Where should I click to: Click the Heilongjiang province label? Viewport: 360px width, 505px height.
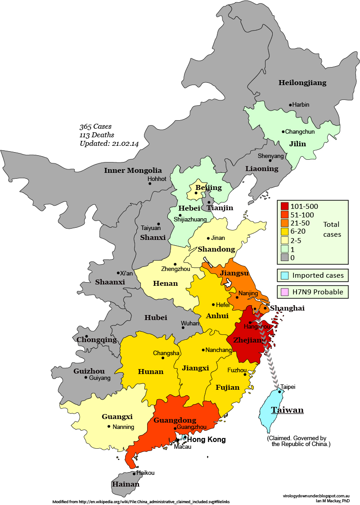pos(302,82)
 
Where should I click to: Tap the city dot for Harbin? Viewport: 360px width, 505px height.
pos(291,105)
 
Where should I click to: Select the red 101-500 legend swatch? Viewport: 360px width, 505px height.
pos(284,206)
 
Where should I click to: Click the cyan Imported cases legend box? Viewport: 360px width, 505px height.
pos(284,275)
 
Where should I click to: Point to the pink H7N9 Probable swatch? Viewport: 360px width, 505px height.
pos(284,292)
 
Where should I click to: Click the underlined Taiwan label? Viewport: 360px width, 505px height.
pos(287,410)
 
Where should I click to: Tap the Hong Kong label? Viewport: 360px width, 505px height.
pos(206,440)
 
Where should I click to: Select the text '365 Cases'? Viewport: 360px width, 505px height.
pos(95,126)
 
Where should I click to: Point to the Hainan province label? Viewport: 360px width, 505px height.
pos(126,484)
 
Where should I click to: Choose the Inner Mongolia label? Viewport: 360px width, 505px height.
pos(133,170)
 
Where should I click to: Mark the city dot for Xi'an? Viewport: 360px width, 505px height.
pos(118,273)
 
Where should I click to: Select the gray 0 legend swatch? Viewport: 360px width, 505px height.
pos(284,257)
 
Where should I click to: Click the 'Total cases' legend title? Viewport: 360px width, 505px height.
pos(332,229)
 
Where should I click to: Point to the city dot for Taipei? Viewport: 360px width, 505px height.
pos(279,391)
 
